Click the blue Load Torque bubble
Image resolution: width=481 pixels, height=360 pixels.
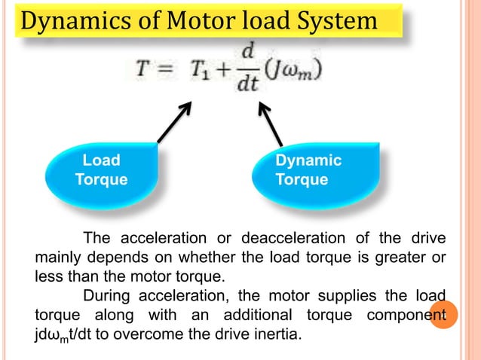click(101, 171)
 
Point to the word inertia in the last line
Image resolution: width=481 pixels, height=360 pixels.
click(277, 331)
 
